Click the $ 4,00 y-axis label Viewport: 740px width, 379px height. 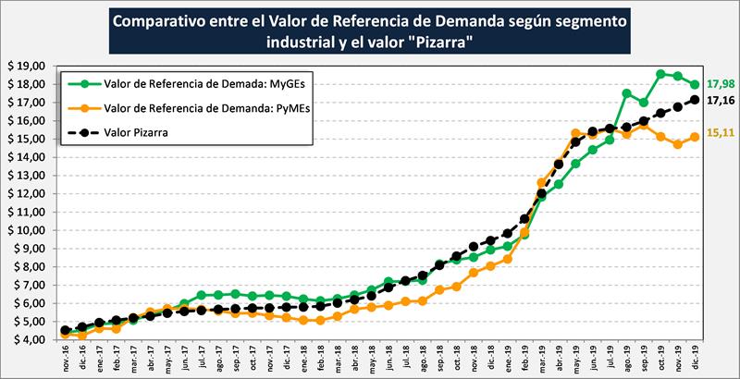(x=29, y=339)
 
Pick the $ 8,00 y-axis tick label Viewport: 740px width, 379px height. (x=29, y=266)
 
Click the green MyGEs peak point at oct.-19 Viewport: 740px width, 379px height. (x=660, y=74)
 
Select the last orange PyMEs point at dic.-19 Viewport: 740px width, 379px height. (x=695, y=137)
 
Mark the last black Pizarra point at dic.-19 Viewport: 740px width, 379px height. (x=695, y=99)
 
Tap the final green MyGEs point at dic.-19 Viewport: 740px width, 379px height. (x=695, y=84)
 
